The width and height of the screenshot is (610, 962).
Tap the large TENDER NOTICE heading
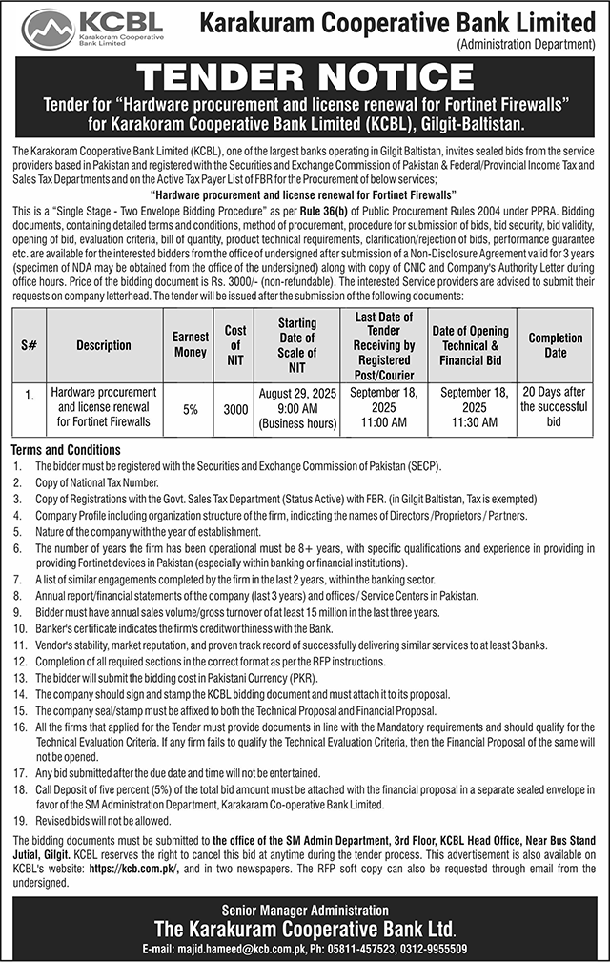tap(304, 77)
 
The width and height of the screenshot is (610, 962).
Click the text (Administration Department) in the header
tap(526, 44)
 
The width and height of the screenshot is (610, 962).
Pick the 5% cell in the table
tap(191, 409)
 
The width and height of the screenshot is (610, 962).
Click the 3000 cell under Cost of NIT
tap(235, 409)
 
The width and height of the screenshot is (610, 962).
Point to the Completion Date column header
tap(556, 345)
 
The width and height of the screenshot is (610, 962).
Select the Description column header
tap(104, 345)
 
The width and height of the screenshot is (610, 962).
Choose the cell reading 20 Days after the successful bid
tap(556, 405)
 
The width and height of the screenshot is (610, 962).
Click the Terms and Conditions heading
tap(66, 450)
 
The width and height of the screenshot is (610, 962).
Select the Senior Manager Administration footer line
tap(304, 911)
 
